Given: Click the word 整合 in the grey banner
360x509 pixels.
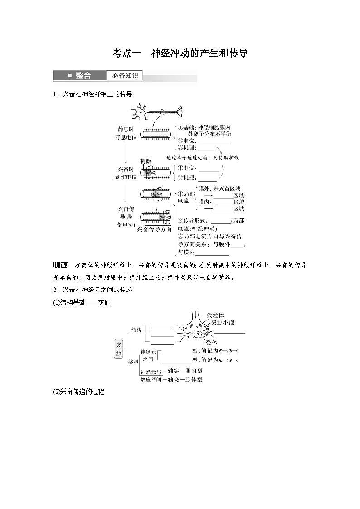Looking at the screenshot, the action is [x=83, y=76].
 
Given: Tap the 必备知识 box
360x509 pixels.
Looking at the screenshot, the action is [x=125, y=76].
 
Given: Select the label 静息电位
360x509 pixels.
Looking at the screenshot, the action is [x=126, y=136].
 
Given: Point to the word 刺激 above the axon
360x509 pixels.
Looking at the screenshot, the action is [x=146, y=161].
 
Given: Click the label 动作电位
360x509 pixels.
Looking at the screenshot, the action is [x=126, y=177].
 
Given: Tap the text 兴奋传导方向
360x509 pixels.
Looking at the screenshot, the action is [x=154, y=229].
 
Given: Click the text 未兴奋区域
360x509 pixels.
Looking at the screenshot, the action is [x=225, y=189].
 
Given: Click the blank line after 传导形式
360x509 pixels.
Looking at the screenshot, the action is [x=219, y=221].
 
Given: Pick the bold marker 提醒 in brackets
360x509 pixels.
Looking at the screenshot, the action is [x=60, y=265].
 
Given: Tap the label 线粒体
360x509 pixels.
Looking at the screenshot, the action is [x=215, y=315].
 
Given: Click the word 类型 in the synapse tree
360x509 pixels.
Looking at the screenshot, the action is [x=133, y=362].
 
